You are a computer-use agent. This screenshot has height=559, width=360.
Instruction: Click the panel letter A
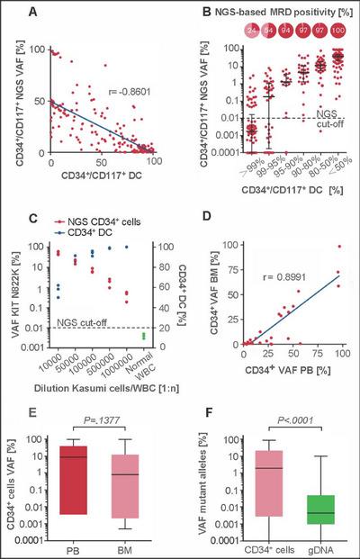37,12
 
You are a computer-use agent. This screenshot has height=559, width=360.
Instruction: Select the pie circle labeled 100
338,31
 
